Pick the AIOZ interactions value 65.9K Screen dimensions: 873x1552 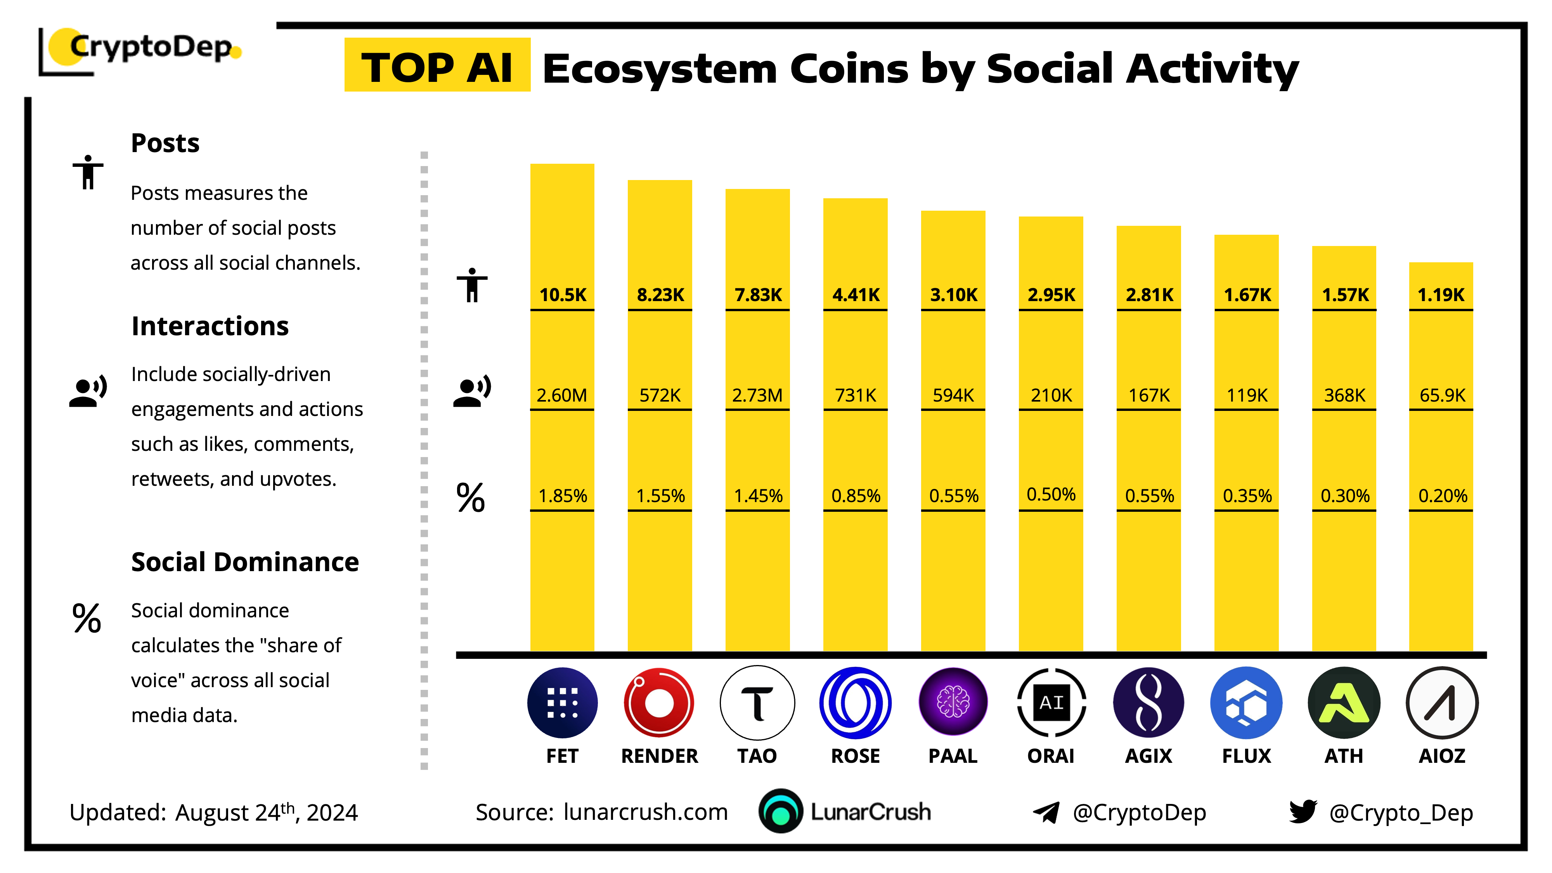[1442, 395]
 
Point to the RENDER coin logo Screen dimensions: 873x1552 [659, 703]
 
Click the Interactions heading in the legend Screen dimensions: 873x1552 [210, 326]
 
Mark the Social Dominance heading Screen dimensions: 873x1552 [244, 562]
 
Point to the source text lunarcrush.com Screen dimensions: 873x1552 [645, 812]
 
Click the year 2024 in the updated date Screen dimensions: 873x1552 [332, 813]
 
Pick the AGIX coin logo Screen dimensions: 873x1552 [1148, 703]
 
